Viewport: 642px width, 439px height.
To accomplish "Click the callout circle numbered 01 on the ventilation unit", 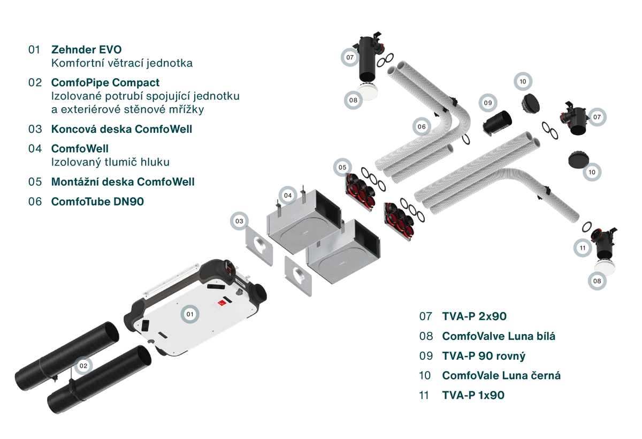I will pos(189,314).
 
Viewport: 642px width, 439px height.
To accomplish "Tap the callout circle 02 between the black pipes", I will pos(83,366).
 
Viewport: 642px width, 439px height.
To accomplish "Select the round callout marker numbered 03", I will pos(239,221).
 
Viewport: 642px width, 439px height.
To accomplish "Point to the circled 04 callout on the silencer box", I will pos(288,195).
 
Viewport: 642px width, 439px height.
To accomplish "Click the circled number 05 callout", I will pos(342,168).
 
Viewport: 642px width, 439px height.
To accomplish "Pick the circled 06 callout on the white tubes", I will pos(422,126).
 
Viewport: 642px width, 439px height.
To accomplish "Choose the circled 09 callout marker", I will pos(487,103).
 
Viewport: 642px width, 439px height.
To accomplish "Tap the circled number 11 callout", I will pos(583,247).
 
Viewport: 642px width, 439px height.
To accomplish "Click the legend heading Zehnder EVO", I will pos(86,50).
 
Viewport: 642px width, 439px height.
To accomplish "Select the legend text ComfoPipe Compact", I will pos(105,83).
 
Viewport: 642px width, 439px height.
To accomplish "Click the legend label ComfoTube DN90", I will pos(97,202).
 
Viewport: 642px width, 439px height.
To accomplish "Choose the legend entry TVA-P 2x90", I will pos(474,316).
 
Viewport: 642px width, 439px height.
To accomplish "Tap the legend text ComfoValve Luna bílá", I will pos(499,336).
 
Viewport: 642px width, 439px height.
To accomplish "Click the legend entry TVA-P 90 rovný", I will pos(484,356).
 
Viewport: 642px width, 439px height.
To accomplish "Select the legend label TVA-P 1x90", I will pos(473,396).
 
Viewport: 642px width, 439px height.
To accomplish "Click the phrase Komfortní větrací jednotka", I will pos(121,63).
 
